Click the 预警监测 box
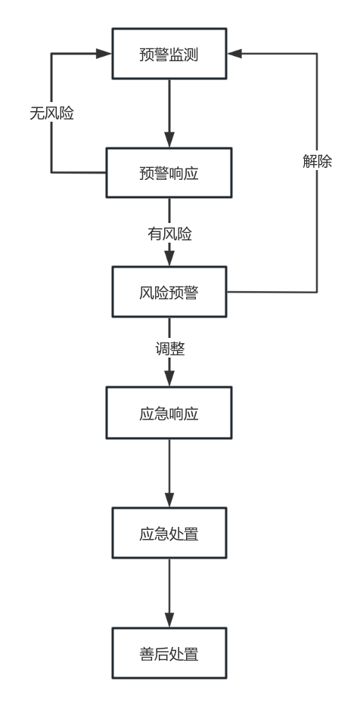(x=169, y=54)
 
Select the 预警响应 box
(x=169, y=172)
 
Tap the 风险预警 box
(x=169, y=292)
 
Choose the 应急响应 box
(x=169, y=413)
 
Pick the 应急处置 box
(x=169, y=533)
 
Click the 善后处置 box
(x=169, y=653)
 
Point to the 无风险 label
(x=52, y=113)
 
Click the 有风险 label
(x=170, y=234)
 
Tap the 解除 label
(x=317, y=161)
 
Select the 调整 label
(x=170, y=349)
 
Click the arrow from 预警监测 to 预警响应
(x=169, y=113)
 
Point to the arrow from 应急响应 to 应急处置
(x=169, y=473)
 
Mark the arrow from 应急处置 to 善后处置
(x=169, y=593)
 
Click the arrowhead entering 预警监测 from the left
(x=104, y=54)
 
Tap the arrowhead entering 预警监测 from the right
(x=234, y=54)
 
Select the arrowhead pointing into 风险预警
(x=169, y=259)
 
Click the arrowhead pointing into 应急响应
(x=169, y=379)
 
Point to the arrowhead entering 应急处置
(x=169, y=500)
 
